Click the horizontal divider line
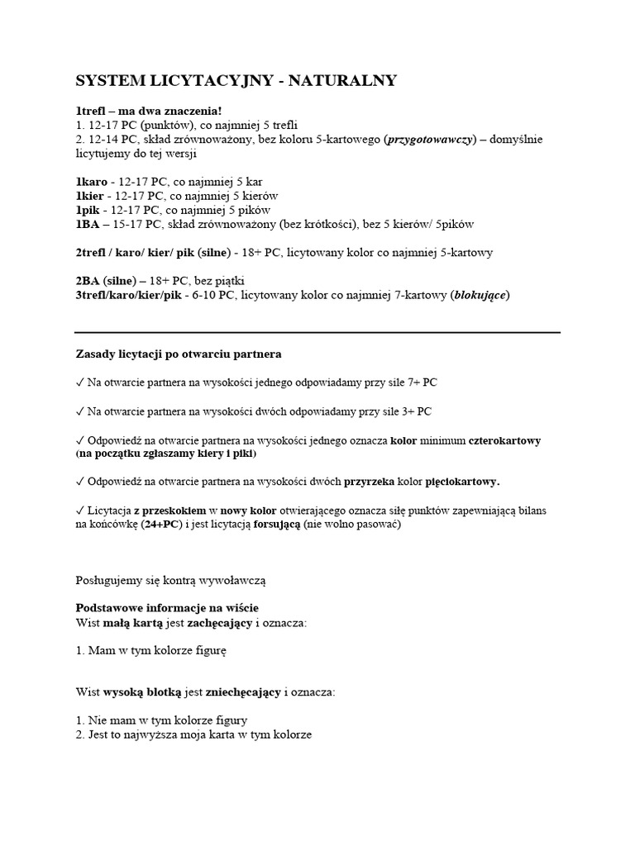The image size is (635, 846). (x=317, y=332)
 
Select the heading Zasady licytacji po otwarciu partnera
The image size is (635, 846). (x=179, y=354)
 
